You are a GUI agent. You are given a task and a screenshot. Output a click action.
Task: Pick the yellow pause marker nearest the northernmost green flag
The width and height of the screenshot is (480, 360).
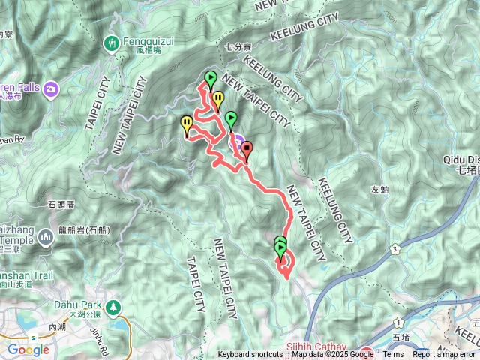[217, 100]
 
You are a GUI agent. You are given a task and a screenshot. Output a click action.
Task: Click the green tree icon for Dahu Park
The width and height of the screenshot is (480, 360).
[112, 306]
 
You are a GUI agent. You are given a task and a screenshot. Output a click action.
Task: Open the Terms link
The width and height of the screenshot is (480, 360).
[393, 355]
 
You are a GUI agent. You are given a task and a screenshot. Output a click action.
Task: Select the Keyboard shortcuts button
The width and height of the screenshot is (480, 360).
[250, 355]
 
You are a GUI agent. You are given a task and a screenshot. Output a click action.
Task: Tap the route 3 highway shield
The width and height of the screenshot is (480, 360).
[394, 248]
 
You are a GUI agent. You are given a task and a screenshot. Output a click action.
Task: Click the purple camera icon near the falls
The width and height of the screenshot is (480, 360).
[51, 89]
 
